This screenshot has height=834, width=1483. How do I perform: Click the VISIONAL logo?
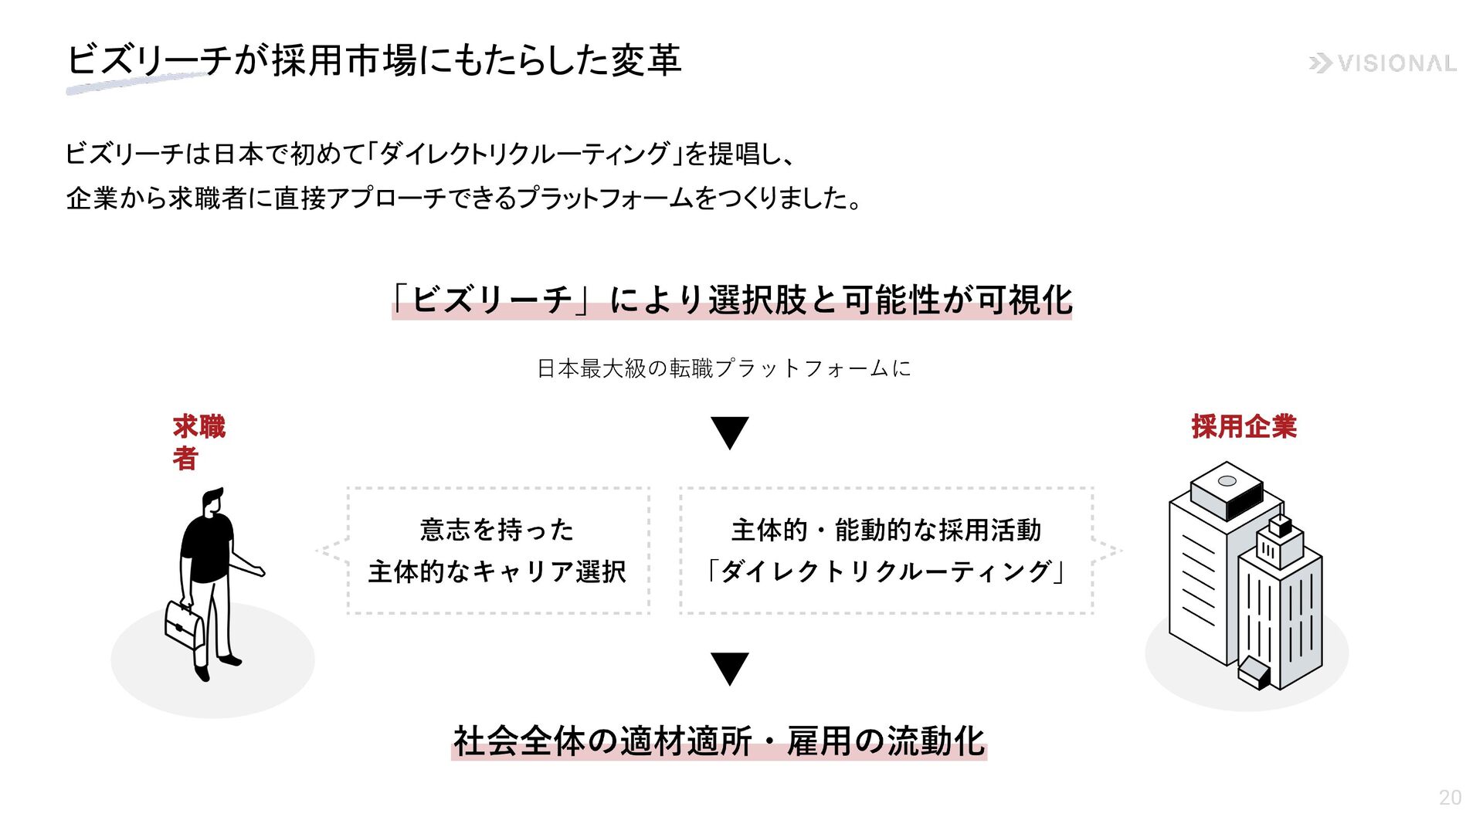1383,63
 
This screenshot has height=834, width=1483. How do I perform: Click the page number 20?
1450,798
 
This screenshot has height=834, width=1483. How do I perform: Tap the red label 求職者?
198,442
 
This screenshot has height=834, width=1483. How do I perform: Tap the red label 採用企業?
1244,426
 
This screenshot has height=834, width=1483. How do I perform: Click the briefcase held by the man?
184,625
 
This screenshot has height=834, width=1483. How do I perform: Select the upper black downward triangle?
729,432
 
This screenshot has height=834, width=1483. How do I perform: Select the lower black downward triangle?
729,669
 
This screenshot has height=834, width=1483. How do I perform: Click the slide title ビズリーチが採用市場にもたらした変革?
374,60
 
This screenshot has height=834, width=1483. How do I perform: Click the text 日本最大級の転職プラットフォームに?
724,368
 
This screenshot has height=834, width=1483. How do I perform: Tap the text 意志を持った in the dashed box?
497,530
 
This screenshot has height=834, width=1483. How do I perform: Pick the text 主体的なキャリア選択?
497,571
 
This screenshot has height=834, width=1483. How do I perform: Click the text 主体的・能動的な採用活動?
886,530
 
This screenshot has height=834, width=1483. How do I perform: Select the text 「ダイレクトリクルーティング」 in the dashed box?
886,571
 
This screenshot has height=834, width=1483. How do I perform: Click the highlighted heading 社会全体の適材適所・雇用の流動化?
718,741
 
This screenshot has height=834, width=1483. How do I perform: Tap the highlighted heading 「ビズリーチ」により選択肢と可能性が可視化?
731,300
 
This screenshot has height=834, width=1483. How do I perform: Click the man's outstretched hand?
258,571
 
